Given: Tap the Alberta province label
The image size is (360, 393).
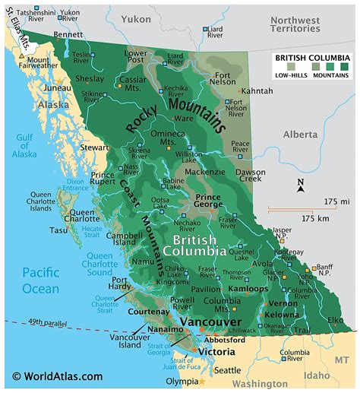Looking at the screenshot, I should (x=300, y=134).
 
